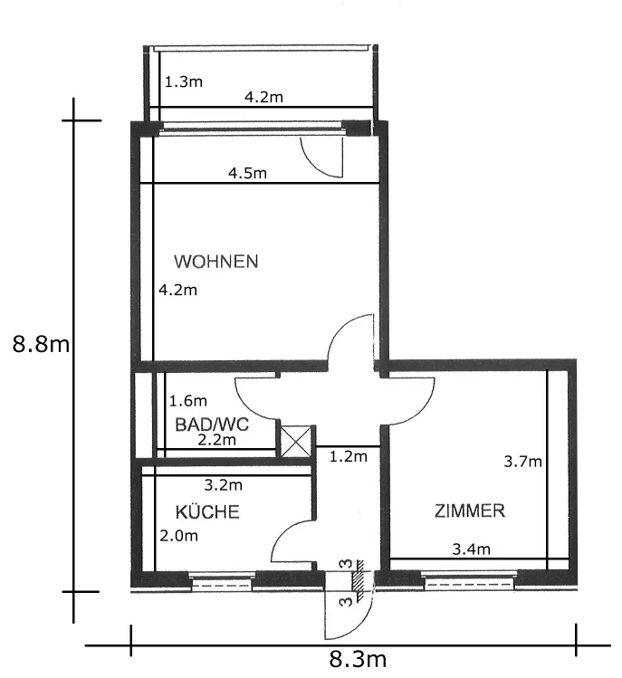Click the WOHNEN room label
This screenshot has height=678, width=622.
coord(215,262)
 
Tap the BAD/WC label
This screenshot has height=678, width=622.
coord(212,425)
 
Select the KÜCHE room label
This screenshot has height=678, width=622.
coord(207,511)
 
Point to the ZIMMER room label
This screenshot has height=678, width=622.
coord(469,511)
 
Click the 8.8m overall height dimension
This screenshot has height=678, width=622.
coord(41,345)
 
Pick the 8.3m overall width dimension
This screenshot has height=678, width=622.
coord(358,660)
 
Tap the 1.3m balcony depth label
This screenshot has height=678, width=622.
coord(184,81)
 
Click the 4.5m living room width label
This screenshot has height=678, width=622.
coord(247,174)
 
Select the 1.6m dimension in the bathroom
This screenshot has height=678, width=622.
coord(187,401)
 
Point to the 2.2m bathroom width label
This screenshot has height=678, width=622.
coord(216,440)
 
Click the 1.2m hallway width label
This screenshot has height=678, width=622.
coord(349,456)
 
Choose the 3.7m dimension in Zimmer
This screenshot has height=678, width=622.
coord(522,462)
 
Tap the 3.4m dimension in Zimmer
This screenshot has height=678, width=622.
coord(471,549)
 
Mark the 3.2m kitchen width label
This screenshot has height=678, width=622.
coord(223,484)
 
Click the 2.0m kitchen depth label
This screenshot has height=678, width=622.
coord(178,536)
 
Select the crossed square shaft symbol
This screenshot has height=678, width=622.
coord(296,441)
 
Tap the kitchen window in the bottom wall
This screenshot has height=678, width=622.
coord(222,581)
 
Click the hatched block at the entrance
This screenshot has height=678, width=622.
coord(359,580)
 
